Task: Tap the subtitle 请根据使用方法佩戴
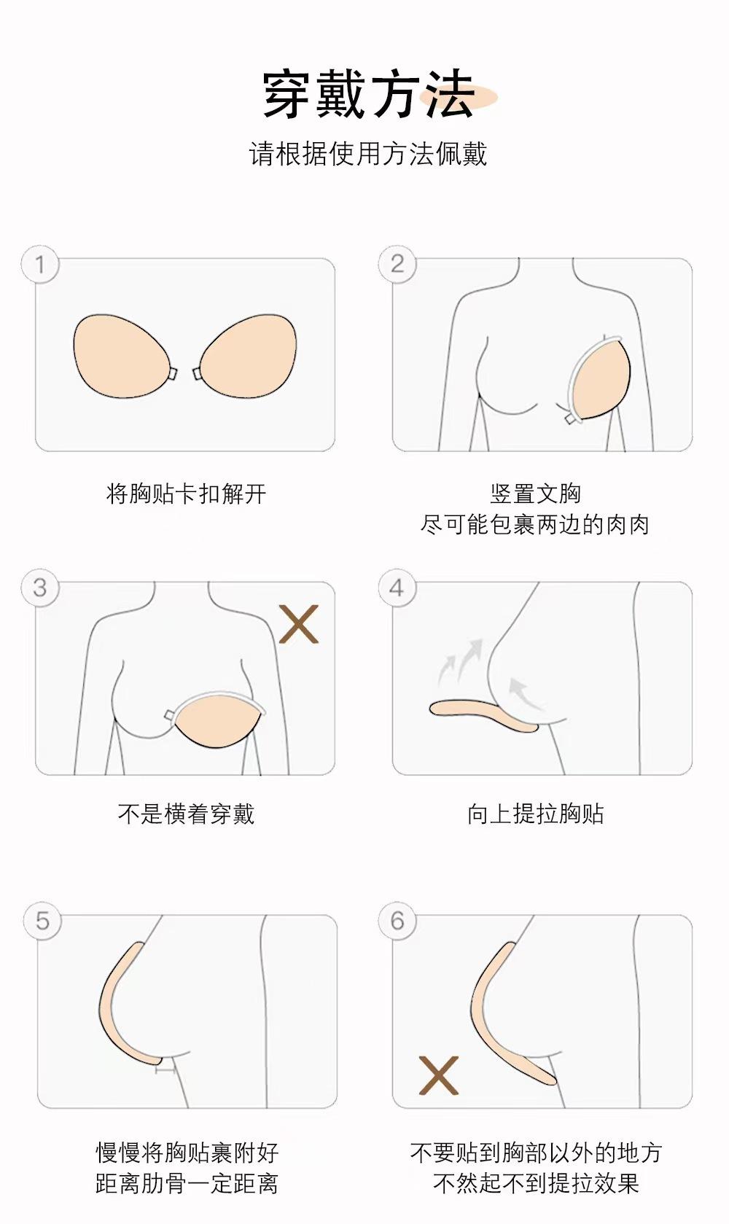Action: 367,154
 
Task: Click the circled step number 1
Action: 40,265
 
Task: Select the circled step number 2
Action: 397,265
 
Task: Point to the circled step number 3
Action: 40,588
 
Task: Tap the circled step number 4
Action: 397,588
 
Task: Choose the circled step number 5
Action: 42,921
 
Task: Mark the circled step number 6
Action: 397,921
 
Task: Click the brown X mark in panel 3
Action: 298,623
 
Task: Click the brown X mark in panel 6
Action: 439,1075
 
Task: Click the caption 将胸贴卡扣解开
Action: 187,494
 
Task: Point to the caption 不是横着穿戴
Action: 187,814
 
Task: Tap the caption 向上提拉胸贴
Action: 536,814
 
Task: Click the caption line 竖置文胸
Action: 536,494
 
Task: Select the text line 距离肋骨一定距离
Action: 187,1184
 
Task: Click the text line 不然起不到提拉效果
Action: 536,1184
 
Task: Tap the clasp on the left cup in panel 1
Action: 173,374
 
